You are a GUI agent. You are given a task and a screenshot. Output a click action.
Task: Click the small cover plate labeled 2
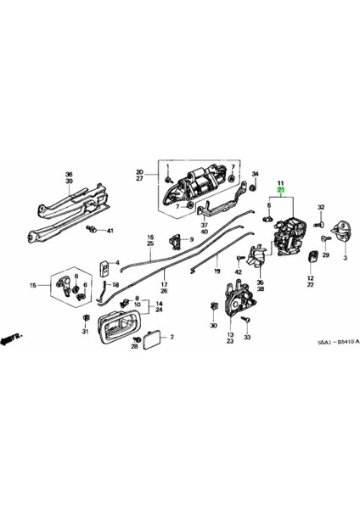(153, 338)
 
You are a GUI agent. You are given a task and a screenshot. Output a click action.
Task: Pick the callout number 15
(33, 286)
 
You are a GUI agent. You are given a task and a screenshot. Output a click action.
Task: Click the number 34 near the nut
(254, 174)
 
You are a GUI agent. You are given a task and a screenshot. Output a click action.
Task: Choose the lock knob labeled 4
(104, 268)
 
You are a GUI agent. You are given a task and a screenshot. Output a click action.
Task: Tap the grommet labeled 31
(87, 318)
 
